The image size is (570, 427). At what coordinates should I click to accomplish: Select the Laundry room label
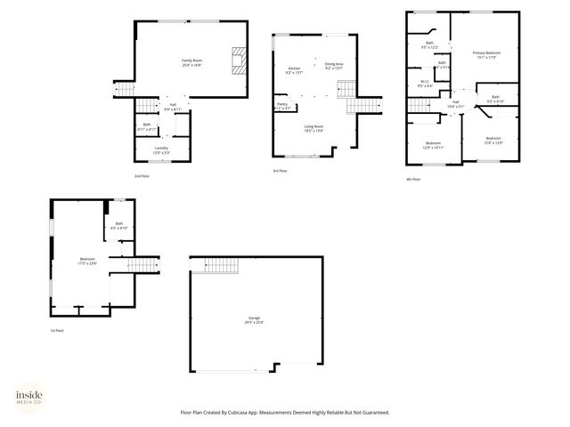[x=161, y=149]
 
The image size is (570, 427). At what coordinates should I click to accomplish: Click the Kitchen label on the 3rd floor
[x=294, y=70]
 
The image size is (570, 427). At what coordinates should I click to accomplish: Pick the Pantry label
[x=282, y=106]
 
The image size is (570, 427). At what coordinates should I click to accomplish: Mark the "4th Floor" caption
[x=412, y=179]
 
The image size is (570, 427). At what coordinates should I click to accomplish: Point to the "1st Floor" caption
[x=57, y=330]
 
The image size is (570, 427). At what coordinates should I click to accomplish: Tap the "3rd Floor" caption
[x=280, y=171]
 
